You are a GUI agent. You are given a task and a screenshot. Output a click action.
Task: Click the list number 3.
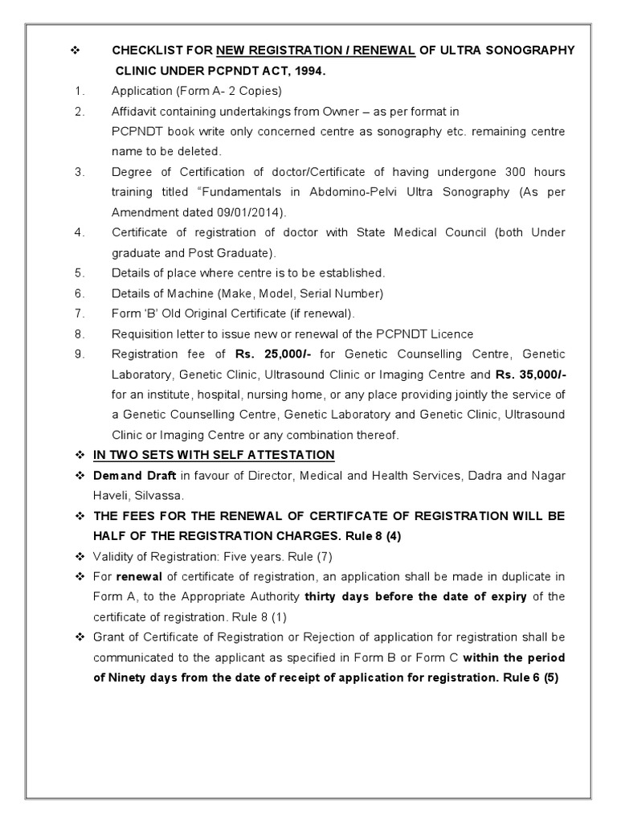(x=80, y=172)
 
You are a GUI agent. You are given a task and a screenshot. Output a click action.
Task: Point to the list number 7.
(x=80, y=313)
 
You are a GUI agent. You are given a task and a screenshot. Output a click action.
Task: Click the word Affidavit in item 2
(x=135, y=111)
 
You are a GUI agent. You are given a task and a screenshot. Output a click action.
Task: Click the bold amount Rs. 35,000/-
(x=530, y=374)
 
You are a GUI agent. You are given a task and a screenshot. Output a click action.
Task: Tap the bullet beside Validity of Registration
(x=80, y=556)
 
